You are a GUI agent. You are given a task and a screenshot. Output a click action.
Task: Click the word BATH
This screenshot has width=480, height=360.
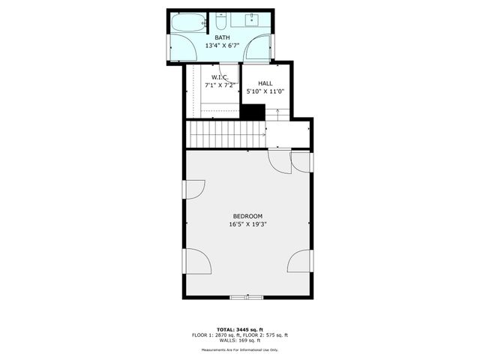tap(223, 37)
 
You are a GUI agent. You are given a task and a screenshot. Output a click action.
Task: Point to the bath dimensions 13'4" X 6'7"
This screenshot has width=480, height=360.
tap(223, 46)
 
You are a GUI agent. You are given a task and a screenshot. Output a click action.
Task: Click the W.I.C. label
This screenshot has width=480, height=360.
tap(220, 77)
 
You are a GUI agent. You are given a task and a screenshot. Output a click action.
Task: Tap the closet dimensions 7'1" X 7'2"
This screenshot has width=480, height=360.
tap(220, 85)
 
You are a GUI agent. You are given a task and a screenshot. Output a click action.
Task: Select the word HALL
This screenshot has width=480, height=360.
tap(265, 83)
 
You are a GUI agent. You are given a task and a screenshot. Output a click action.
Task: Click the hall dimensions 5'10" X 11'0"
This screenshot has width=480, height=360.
tap(265, 91)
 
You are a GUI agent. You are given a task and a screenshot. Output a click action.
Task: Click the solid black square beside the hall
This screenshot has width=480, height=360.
tap(253, 111)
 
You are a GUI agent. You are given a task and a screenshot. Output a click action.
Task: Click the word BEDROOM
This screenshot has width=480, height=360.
tap(247, 216)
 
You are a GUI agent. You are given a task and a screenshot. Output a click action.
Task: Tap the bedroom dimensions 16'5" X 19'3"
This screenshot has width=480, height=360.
tap(247, 224)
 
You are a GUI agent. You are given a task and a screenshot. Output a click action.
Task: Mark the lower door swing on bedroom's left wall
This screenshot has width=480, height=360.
tap(197, 262)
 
